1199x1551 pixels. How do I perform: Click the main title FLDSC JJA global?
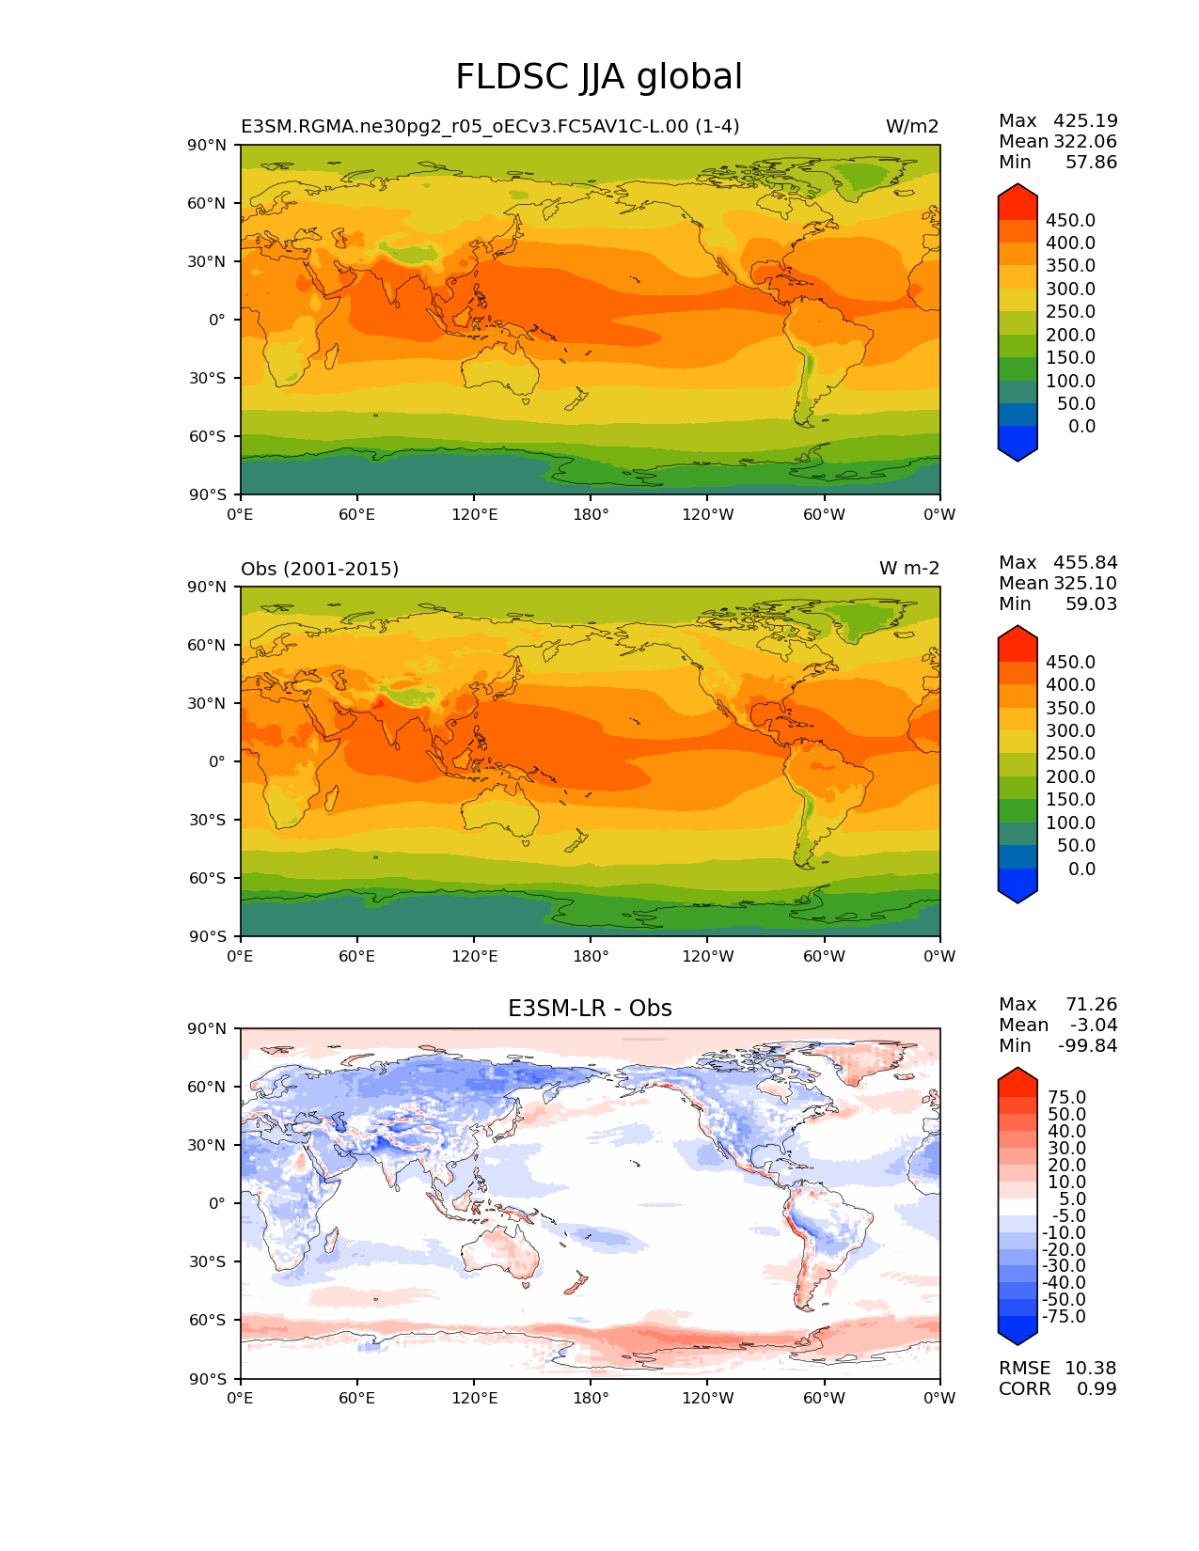599,77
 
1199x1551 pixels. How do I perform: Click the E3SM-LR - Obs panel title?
590,1009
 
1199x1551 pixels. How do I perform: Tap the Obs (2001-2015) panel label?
320,569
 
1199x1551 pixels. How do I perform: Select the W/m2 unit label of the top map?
911,127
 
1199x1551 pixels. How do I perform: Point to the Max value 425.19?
1085,120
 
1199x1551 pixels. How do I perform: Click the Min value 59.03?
1091,603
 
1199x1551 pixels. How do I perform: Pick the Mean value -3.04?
1093,1025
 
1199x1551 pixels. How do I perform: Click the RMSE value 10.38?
1090,1368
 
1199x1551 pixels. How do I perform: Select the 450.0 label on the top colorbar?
1070,220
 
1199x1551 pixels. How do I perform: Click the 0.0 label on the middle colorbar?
1081,869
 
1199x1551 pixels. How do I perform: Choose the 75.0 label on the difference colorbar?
1067,1097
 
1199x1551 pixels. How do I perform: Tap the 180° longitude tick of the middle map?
591,956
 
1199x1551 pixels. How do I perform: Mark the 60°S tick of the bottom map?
208,1320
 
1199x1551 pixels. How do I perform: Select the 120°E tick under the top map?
474,514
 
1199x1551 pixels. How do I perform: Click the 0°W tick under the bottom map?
939,1398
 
